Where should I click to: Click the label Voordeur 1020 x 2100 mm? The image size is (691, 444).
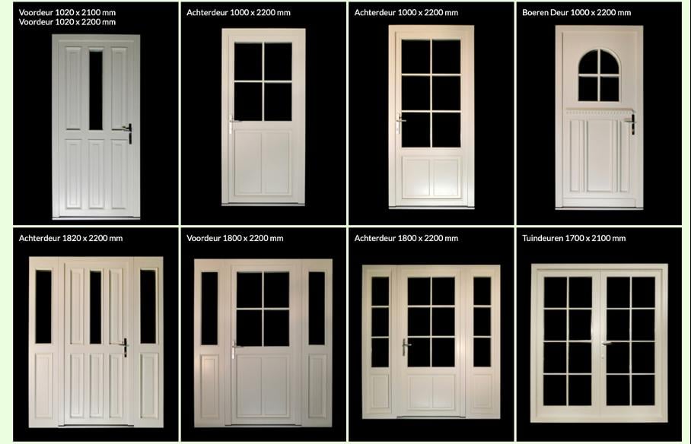[x=67, y=12]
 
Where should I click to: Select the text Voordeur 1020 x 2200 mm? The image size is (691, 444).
[x=67, y=22]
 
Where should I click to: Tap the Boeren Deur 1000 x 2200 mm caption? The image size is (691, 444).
[x=576, y=12]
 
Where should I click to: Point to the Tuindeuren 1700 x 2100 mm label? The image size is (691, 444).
[x=574, y=238]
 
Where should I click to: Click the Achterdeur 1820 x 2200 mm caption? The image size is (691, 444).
[x=71, y=238]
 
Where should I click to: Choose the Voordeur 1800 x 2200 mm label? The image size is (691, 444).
[x=235, y=238]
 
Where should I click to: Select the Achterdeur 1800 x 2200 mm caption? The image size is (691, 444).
[x=406, y=238]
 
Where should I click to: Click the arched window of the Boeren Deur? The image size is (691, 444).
[x=598, y=75]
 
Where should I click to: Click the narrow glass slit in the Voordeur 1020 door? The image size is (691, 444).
[x=96, y=90]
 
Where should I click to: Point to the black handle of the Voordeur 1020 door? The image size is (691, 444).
[x=129, y=132]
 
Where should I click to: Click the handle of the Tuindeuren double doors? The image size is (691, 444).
[x=606, y=343]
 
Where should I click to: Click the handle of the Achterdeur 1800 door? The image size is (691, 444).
[x=405, y=347]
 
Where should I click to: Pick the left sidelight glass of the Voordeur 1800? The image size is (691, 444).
[x=209, y=309]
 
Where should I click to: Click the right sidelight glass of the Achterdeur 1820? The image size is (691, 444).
[x=148, y=306]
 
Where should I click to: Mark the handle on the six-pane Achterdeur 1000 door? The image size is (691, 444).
[x=400, y=123]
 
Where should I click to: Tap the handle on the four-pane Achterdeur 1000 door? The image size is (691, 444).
[x=232, y=124]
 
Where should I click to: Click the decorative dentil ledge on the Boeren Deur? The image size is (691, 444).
[x=599, y=111]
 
